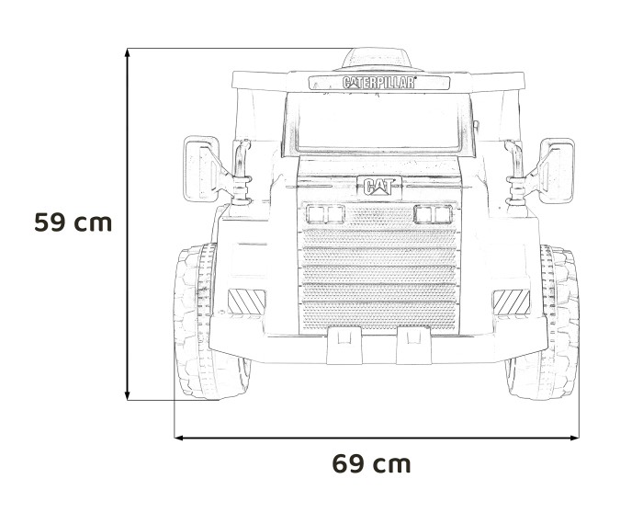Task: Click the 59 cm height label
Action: [x=73, y=222]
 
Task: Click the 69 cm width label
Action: [x=371, y=464]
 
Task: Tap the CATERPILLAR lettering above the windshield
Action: [x=378, y=82]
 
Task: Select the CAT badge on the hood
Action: [x=378, y=187]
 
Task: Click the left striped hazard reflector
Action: [x=245, y=301]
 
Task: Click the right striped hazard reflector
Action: [x=511, y=301]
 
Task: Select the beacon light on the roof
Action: [x=378, y=58]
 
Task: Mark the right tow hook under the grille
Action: [x=410, y=347]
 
